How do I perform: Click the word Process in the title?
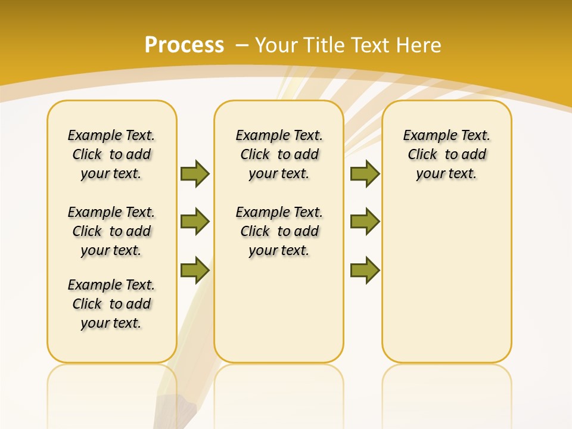pyautogui.click(x=184, y=45)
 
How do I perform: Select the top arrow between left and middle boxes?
pyautogui.click(x=195, y=173)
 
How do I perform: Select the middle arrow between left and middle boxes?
pyautogui.click(x=195, y=222)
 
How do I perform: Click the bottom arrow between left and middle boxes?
pyautogui.click(x=195, y=271)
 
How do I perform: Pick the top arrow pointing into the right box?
pyautogui.click(x=365, y=173)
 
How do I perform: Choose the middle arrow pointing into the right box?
pyautogui.click(x=365, y=222)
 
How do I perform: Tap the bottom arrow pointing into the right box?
pyautogui.click(x=365, y=271)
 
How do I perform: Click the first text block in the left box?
pyautogui.click(x=111, y=154)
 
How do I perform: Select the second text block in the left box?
pyautogui.click(x=111, y=231)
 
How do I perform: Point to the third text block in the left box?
pyautogui.click(x=111, y=304)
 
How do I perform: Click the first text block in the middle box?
pyautogui.click(x=279, y=154)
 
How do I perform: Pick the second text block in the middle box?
pyautogui.click(x=279, y=231)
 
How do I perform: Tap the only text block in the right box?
pyautogui.click(x=446, y=154)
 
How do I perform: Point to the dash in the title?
pyautogui.click(x=242, y=45)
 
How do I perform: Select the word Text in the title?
pyautogui.click(x=370, y=45)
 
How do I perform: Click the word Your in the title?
pyautogui.click(x=276, y=45)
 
